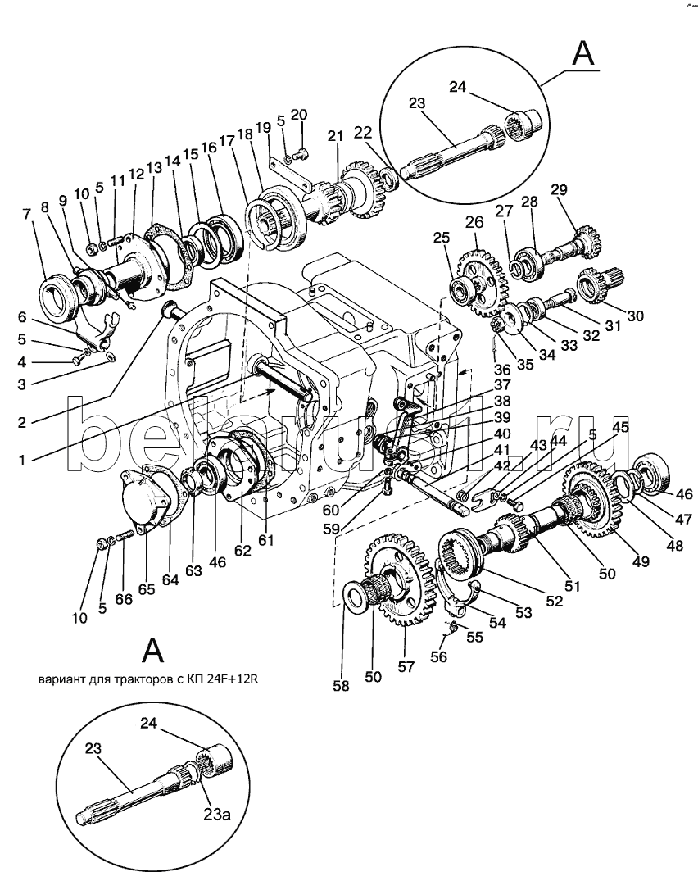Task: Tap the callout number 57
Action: click(406, 666)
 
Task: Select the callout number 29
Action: click(559, 189)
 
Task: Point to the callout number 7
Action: click(26, 214)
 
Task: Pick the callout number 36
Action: click(502, 369)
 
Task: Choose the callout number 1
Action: click(22, 460)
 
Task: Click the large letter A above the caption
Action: click(152, 651)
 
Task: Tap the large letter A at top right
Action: click(583, 55)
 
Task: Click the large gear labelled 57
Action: click(401, 579)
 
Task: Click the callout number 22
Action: click(363, 133)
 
